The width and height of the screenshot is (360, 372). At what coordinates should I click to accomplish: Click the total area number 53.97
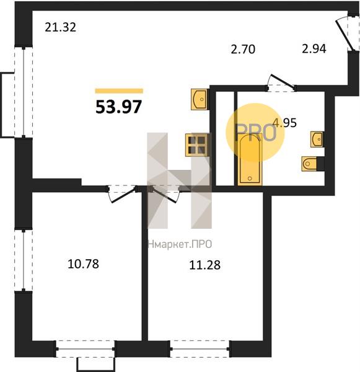pyautogui.click(x=118, y=107)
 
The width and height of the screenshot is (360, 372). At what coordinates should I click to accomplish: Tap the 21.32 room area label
pyautogui.click(x=61, y=27)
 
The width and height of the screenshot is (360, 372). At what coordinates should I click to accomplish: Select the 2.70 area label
pyautogui.click(x=243, y=50)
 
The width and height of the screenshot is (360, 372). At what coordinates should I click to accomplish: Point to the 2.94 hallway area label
pyautogui.click(x=314, y=48)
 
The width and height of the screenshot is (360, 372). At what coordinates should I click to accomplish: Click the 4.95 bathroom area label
pyautogui.click(x=284, y=123)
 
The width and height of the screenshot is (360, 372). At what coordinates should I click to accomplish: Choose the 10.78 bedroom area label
pyautogui.click(x=83, y=264)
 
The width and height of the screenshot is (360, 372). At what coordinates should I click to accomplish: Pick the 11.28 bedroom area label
pyautogui.click(x=205, y=265)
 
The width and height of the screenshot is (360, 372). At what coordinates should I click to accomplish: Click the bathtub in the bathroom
pyautogui.click(x=250, y=159)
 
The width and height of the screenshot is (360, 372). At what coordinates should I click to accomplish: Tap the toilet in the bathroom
pyautogui.click(x=310, y=164)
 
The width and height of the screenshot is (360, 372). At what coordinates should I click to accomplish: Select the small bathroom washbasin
pyautogui.click(x=317, y=139)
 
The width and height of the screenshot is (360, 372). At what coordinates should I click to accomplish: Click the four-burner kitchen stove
pyautogui.click(x=197, y=145)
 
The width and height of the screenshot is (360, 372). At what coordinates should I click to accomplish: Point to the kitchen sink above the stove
pyautogui.click(x=200, y=99)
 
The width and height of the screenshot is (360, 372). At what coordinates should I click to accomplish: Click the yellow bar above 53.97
pyautogui.click(x=119, y=91)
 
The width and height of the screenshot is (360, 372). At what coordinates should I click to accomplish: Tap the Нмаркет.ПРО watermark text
pyautogui.click(x=180, y=244)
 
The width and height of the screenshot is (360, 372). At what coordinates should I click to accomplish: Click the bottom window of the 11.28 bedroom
pyautogui.click(x=200, y=348)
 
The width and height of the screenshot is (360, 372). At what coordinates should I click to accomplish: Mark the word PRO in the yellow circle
pyautogui.click(x=255, y=133)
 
